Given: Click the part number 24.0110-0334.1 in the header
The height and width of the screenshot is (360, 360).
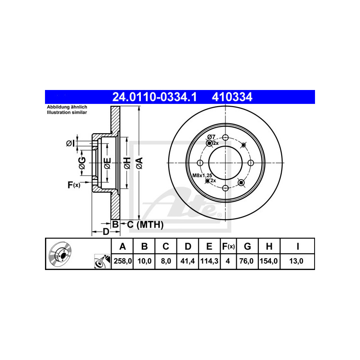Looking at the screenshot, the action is pos(154,97).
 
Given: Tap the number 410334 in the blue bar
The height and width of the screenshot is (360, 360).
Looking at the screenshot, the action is pos(232,97).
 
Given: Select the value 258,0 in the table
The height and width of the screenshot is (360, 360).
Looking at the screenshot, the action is pos(122,261).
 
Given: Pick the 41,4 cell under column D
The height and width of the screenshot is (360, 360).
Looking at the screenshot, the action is pos(188,261).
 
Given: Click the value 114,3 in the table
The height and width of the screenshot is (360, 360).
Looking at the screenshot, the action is pos(209,261).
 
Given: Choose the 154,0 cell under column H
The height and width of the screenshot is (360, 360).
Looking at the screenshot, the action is pos(269,261).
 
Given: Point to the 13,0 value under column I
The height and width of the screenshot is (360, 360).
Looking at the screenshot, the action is pos(296,261).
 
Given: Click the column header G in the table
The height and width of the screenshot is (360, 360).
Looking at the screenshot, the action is pos(247,246).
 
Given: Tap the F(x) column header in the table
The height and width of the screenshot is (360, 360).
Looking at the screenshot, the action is pos(228,246).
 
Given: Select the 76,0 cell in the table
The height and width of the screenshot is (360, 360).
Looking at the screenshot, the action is pos(246,261).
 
